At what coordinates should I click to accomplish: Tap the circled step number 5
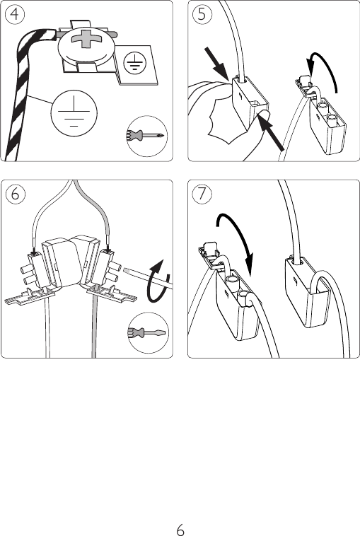(202, 14)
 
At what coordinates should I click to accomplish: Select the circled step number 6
(15, 194)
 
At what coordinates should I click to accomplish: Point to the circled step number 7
(202, 194)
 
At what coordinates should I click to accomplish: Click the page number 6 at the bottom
(180, 530)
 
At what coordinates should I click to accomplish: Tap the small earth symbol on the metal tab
(135, 63)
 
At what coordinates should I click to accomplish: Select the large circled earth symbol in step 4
(74, 113)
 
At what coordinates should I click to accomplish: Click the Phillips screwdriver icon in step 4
(147, 136)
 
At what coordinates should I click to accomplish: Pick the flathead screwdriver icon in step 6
(148, 332)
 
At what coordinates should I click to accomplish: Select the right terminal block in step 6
(109, 267)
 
